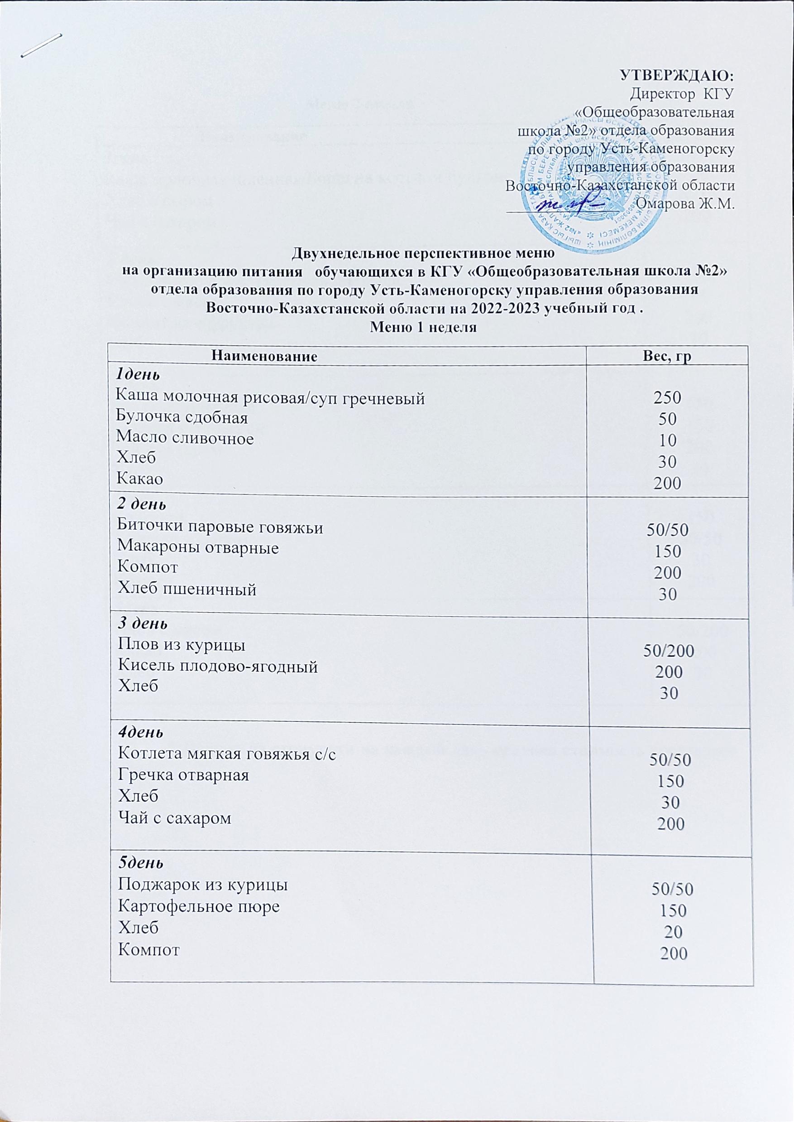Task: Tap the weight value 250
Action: [668, 399]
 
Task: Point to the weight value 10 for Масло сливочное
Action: [668, 440]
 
